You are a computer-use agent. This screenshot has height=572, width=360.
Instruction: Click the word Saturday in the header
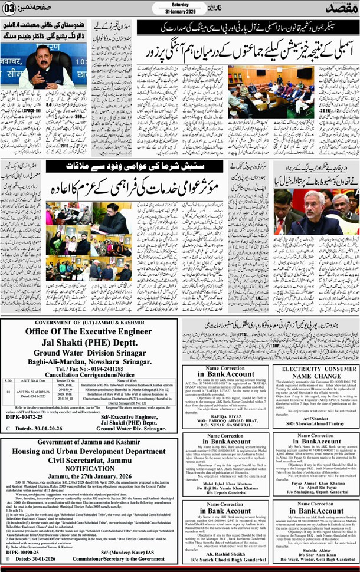(x=179, y=5)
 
